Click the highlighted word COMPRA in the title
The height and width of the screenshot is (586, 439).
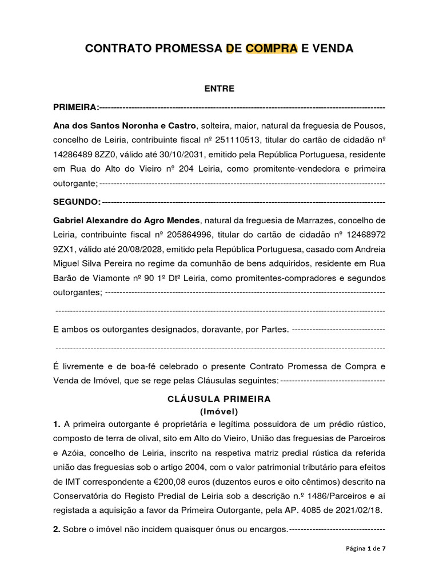272,49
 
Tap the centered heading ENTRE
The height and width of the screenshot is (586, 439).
219,89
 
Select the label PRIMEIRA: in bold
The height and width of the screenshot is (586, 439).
75,107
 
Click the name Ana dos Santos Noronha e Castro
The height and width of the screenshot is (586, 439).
124,125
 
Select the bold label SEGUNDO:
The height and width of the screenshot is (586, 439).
77,202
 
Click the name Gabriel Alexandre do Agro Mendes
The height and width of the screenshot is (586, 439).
126,220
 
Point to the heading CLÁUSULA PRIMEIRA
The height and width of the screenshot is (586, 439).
219,399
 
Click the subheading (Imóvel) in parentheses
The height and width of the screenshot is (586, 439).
219,411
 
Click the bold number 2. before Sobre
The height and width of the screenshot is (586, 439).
57,530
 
